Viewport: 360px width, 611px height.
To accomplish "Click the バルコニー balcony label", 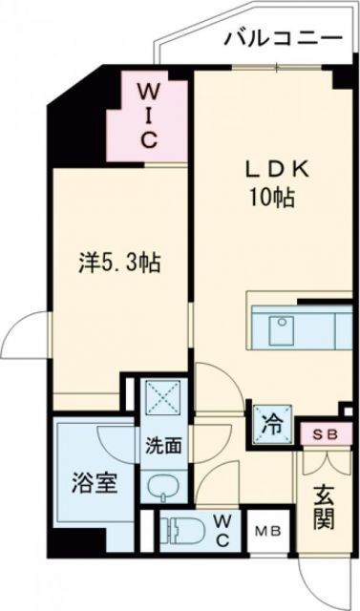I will [x=284, y=39].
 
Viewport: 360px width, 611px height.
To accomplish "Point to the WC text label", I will [x=222, y=528].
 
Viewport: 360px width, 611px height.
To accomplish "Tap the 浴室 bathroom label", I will [x=94, y=483].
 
